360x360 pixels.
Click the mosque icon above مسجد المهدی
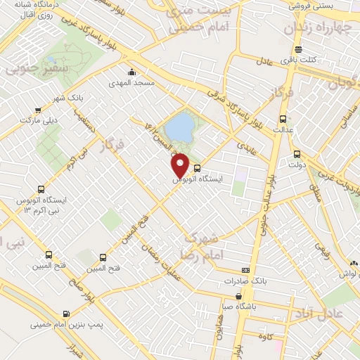(131, 72)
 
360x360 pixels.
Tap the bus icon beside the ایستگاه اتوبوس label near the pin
(197, 168)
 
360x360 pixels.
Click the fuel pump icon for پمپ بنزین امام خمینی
(65, 314)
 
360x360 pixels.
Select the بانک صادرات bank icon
(245, 270)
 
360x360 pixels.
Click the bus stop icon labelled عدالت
(283, 118)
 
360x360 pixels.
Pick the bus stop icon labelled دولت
(297, 154)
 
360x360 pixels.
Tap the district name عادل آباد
(325, 311)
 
